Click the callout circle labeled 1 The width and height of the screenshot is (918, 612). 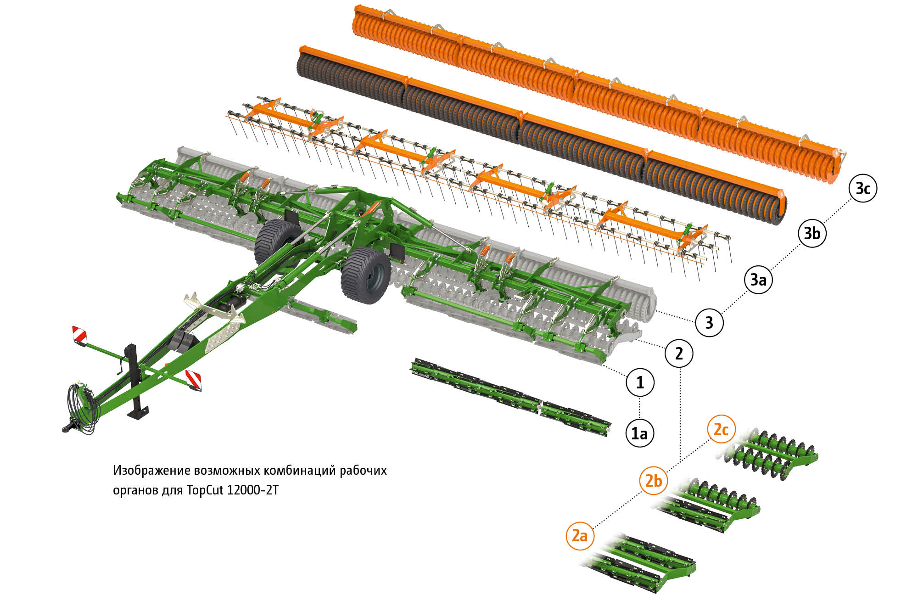click(x=640, y=382)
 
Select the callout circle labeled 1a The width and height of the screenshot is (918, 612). click(x=640, y=433)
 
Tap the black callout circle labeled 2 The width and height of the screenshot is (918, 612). click(x=679, y=354)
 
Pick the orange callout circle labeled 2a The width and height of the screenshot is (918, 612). click(x=580, y=536)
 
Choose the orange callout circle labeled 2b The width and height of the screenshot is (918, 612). click(x=654, y=481)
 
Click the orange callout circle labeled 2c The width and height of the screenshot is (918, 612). click(x=721, y=429)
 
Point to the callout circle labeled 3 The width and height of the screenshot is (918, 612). click(x=710, y=322)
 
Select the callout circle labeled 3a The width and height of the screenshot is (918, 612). click(x=758, y=279)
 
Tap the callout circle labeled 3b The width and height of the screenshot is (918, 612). click(x=812, y=233)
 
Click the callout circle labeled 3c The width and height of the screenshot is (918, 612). click(x=863, y=188)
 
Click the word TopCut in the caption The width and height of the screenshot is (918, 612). click(x=205, y=490)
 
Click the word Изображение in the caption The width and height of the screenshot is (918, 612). click(x=151, y=471)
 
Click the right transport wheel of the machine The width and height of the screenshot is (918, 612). click(x=366, y=275)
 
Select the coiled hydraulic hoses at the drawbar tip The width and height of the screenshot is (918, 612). click(x=83, y=408)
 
